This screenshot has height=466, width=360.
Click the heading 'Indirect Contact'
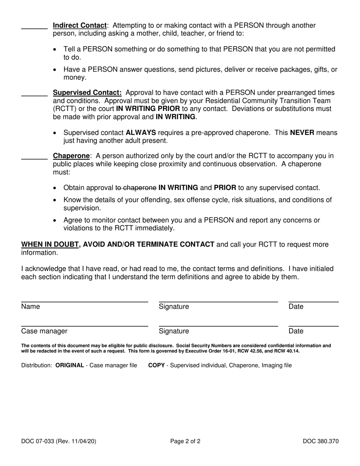pyautogui.click(x=80, y=26)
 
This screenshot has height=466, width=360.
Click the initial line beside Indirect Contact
pyautogui.click(x=34, y=28)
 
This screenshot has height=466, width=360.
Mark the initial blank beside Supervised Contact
pyautogui.click(x=34, y=95)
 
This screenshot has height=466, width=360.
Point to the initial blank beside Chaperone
pyautogui.click(x=34, y=159)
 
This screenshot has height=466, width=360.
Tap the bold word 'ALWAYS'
pyautogui.click(x=141, y=133)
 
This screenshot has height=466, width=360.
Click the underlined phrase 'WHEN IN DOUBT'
pyautogui.click(x=50, y=244)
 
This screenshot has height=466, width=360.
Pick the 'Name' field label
pyautogui.click(x=30, y=307)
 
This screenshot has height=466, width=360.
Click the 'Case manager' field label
pyautogui.click(x=44, y=332)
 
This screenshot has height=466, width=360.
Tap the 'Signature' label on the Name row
pyautogui.click(x=174, y=307)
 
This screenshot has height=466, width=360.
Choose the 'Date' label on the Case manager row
pyautogui.click(x=296, y=332)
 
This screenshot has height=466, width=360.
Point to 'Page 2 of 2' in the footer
pyautogui.click(x=185, y=441)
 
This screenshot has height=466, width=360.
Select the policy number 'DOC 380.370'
pyautogui.click(x=321, y=441)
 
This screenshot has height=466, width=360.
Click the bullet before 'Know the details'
pyautogui.click(x=56, y=200)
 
